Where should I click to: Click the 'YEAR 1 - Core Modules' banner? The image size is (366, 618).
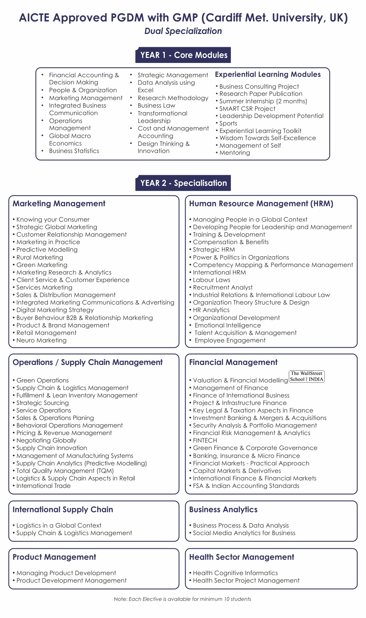183,55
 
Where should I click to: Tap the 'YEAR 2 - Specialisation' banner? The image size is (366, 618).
183,183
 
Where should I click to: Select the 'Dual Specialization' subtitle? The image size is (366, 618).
183,31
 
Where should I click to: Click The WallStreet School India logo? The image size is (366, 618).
306,376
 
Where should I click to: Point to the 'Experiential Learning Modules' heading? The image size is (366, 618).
268,74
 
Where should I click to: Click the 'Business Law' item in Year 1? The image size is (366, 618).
156,105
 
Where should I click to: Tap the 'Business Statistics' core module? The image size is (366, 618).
74,151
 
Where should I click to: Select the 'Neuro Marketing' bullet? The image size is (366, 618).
41,340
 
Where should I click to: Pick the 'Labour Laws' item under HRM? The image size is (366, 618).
211,280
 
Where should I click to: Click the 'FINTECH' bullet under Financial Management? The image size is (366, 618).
205,440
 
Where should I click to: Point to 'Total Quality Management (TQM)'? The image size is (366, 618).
65,471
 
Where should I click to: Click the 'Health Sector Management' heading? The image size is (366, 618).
242,557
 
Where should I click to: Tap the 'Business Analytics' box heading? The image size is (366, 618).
223,509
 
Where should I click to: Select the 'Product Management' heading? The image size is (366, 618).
54,557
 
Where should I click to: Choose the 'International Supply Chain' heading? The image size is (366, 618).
63,509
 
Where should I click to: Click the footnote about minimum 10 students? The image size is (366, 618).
183,599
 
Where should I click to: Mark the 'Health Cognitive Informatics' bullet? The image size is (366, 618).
235,573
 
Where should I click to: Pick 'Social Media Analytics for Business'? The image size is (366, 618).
244,533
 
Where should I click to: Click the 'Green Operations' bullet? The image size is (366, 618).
43,380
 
